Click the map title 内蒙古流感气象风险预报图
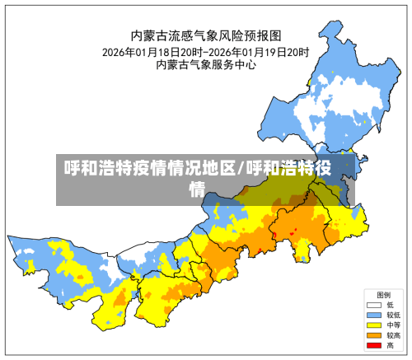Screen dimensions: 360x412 point(206,35)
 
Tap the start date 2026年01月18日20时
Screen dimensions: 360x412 point(153,51)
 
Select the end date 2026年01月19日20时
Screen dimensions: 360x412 point(259,51)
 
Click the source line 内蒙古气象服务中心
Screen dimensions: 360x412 point(206,65)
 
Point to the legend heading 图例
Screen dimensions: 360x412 point(383,294)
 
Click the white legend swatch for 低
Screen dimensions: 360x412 point(373,305)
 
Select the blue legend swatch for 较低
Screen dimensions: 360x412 point(373,316)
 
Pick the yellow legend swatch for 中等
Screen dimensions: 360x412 point(373,325)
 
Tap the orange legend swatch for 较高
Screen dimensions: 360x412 point(373,336)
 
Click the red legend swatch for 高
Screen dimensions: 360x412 point(373,346)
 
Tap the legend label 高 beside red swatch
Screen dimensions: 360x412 point(390,346)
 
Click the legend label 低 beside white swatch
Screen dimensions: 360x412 point(390,305)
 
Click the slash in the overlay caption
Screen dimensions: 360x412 point(241,170)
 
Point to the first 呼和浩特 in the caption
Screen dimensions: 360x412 point(96,170)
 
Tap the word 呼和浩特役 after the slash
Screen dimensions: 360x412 point(288,170)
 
